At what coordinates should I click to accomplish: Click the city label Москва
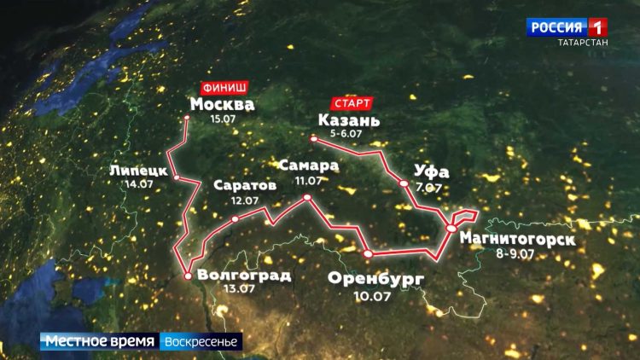[222, 104]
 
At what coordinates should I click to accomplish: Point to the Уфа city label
[430, 172]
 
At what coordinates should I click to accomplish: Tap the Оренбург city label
[375, 279]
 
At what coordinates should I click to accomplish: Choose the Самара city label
[308, 165]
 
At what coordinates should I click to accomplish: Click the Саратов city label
[244, 185]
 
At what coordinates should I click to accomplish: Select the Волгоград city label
[243, 275]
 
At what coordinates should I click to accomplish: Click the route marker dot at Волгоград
[187, 275]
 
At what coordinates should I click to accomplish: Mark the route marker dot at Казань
[313, 138]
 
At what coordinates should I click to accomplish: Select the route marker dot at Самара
[306, 197]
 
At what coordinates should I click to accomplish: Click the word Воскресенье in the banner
[202, 341]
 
